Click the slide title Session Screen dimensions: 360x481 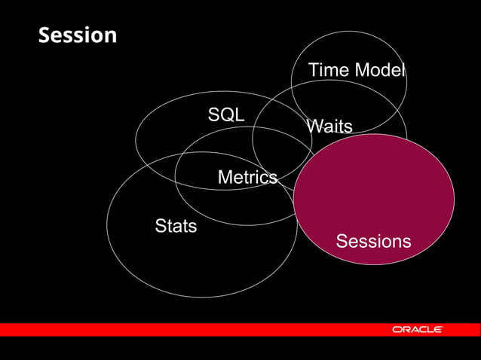(78, 35)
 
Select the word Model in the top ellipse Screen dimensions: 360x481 (380, 71)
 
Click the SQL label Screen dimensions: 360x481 (226, 114)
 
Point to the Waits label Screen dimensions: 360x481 (329, 127)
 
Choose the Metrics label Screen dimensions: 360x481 (247, 178)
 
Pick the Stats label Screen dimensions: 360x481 (176, 225)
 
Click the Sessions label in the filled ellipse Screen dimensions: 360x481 (373, 241)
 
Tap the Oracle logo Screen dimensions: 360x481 (417, 330)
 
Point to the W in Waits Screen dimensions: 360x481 (314, 127)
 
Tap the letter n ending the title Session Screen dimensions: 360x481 (111, 35)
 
